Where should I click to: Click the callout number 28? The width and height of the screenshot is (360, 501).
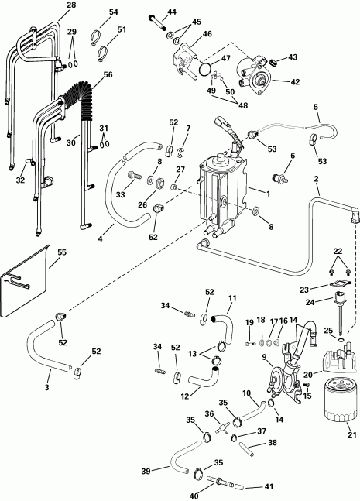[x=28, y=6]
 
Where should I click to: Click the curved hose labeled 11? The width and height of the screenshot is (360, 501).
[x=221, y=318]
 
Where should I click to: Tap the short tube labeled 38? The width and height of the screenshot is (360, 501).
[x=240, y=448]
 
